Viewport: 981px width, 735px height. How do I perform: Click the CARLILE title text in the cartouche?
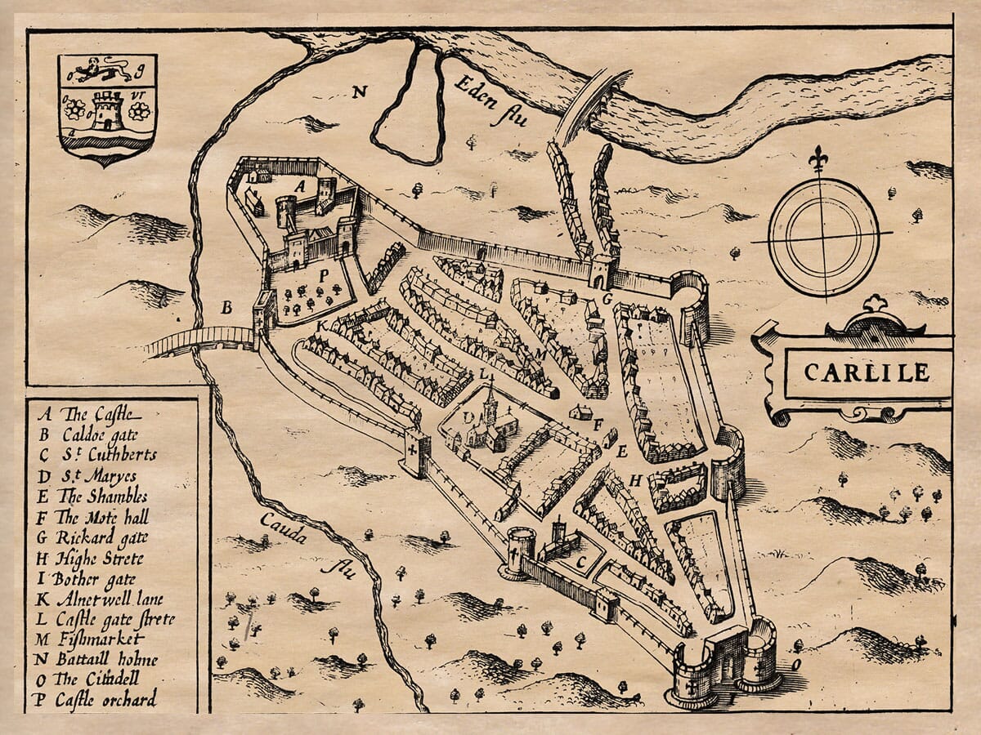[867, 372]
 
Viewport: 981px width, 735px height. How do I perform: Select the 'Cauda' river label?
[284, 527]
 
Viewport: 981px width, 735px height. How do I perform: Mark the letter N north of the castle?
[358, 91]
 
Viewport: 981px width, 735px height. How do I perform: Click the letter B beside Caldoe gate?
[226, 308]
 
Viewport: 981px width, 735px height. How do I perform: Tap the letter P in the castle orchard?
[324, 276]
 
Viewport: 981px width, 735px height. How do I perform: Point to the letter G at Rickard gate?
[607, 299]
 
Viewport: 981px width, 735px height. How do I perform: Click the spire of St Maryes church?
[488, 394]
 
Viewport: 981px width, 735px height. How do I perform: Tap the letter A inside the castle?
[300, 186]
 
